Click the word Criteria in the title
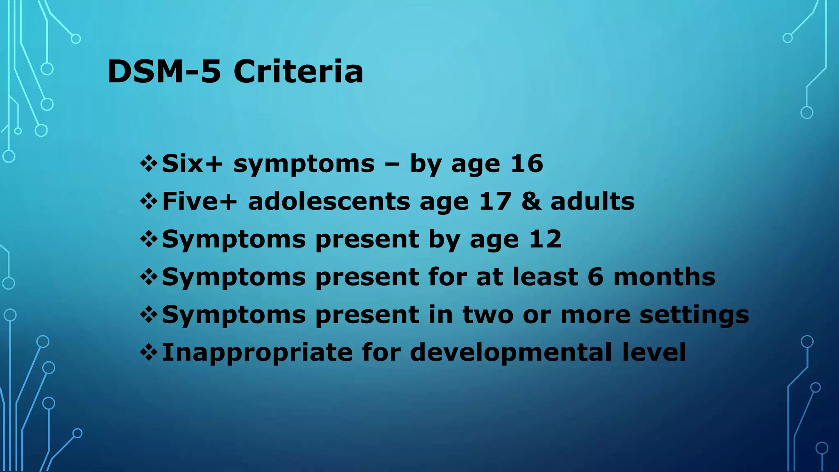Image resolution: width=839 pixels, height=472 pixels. coord(298,72)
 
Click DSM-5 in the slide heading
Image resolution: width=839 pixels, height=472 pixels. coord(164,72)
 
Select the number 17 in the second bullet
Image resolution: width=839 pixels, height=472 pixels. coord(495,202)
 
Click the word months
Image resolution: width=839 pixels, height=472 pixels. coord(664,277)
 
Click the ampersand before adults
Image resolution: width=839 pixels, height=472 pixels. coord(531,202)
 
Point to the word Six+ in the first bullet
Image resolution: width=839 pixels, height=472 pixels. coord(192,164)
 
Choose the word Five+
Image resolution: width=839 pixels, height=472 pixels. coord(200,202)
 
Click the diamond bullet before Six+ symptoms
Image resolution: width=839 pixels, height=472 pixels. coord(149,164)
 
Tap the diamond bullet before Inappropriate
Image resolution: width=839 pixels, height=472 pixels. coord(149,353)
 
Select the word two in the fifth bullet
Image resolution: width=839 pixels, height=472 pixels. coord(488,315)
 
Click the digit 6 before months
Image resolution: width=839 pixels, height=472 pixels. coord(595,277)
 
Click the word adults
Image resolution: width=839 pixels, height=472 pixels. coord(592,202)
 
